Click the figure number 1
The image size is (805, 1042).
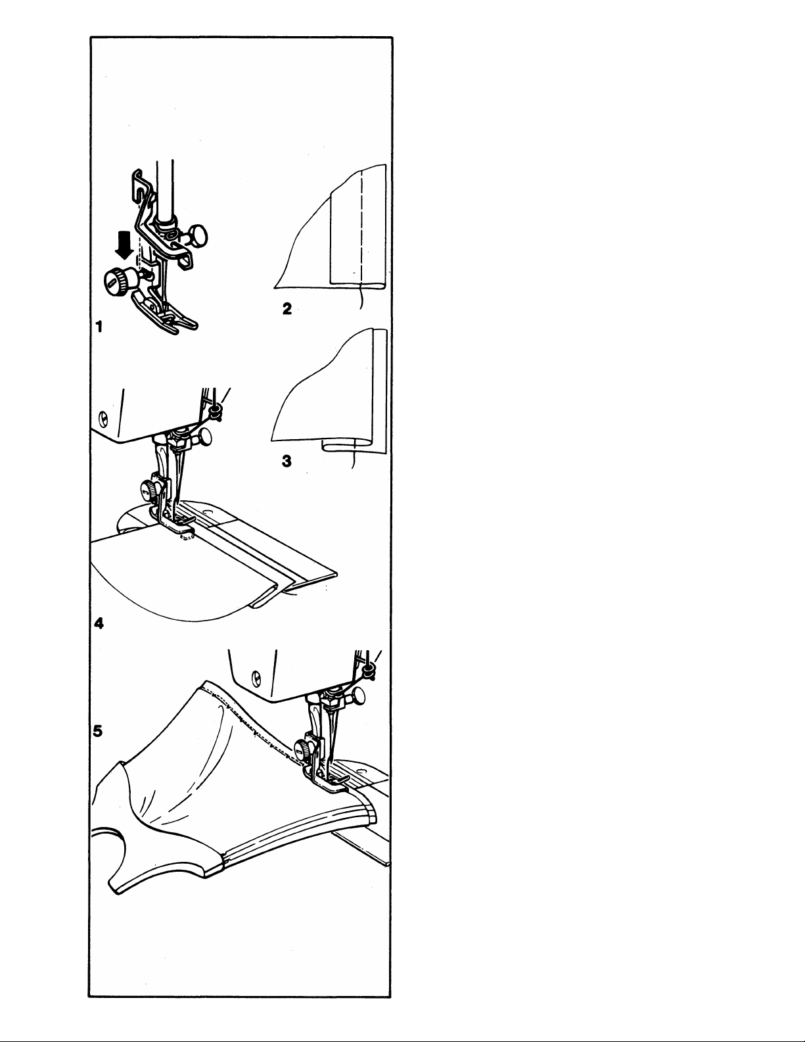(x=99, y=327)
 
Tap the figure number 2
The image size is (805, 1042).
(x=287, y=308)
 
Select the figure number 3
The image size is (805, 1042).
(x=287, y=462)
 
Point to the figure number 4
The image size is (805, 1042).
(x=99, y=623)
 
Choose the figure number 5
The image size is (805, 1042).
(x=98, y=731)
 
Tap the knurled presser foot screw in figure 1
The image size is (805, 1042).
(x=117, y=279)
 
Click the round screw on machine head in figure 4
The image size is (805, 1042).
(x=103, y=419)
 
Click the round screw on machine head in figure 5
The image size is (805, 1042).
(x=256, y=678)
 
